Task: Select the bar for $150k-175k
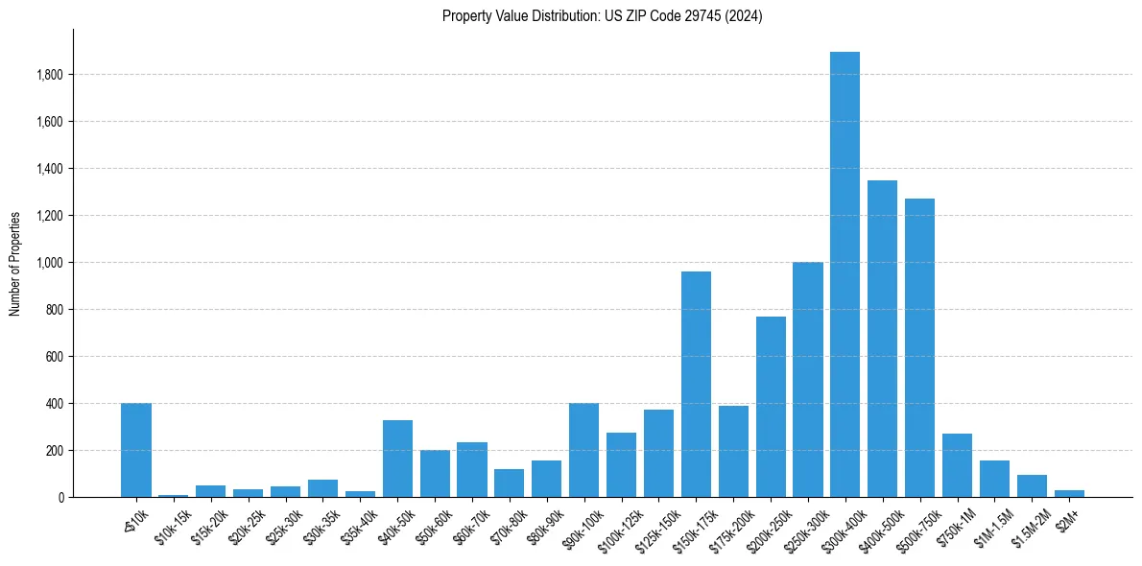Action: point(696,384)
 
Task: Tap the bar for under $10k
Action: point(136,450)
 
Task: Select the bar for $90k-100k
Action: point(583,450)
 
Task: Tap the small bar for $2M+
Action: point(1069,493)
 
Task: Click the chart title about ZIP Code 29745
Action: point(602,16)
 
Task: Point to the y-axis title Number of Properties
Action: point(15,263)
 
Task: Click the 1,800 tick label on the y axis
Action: point(50,75)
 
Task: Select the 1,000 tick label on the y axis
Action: point(50,263)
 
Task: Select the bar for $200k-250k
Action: point(771,407)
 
